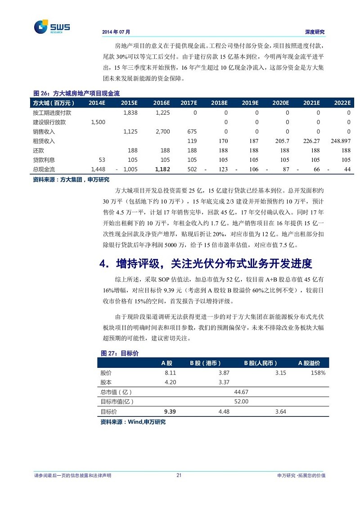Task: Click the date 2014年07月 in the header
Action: (x=116, y=32)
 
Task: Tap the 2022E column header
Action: (x=342, y=103)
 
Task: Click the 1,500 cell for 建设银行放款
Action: (x=98, y=122)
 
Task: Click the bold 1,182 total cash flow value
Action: (x=162, y=169)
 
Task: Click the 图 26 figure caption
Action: (x=76, y=93)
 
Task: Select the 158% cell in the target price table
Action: (x=318, y=373)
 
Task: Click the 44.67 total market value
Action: (x=241, y=392)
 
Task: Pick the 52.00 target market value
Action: (x=241, y=401)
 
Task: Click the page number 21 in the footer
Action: (x=179, y=475)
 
